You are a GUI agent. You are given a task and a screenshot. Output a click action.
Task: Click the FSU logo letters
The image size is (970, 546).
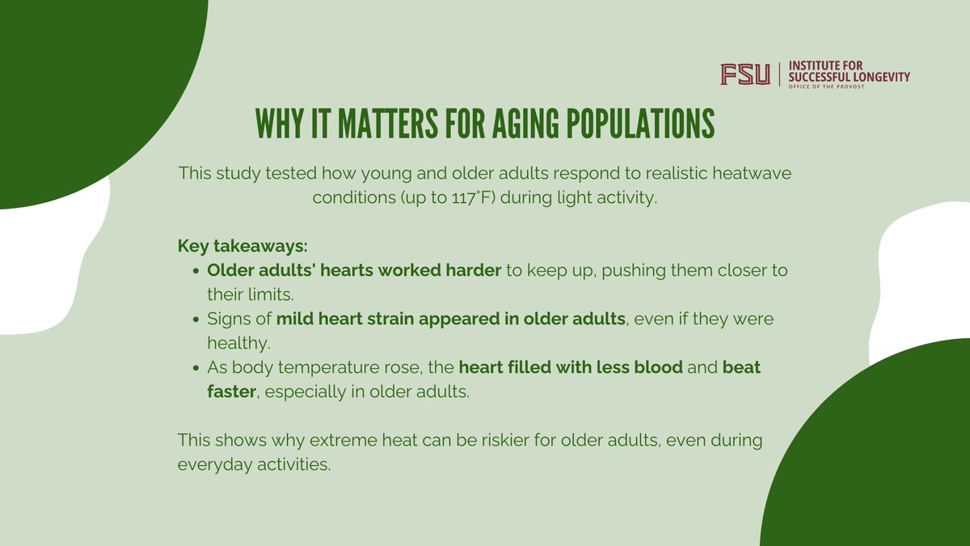745,74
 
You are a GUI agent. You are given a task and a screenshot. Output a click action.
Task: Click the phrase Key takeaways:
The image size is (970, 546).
229,245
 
